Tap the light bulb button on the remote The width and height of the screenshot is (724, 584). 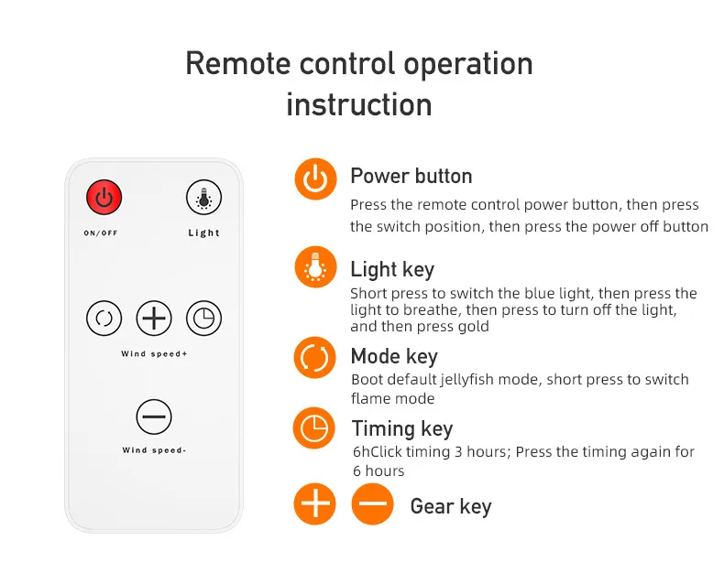203,198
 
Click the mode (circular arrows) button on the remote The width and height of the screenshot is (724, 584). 104,318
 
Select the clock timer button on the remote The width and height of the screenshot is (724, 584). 203,318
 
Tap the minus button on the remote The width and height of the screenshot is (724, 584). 154,416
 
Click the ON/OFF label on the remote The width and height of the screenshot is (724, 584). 101,233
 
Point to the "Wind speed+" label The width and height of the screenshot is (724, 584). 154,354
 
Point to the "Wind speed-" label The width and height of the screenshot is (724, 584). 154,450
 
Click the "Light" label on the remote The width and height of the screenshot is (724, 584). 203,233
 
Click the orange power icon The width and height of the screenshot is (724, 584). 316,179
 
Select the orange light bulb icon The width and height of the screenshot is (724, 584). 316,267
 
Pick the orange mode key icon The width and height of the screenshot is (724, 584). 315,358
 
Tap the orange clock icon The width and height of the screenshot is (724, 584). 314,427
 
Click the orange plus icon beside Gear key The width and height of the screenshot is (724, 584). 315,503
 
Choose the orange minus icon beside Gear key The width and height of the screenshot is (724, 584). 372,503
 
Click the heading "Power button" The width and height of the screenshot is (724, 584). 411,177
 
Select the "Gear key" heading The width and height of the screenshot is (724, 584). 451,506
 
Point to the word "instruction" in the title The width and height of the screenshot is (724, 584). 359,104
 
